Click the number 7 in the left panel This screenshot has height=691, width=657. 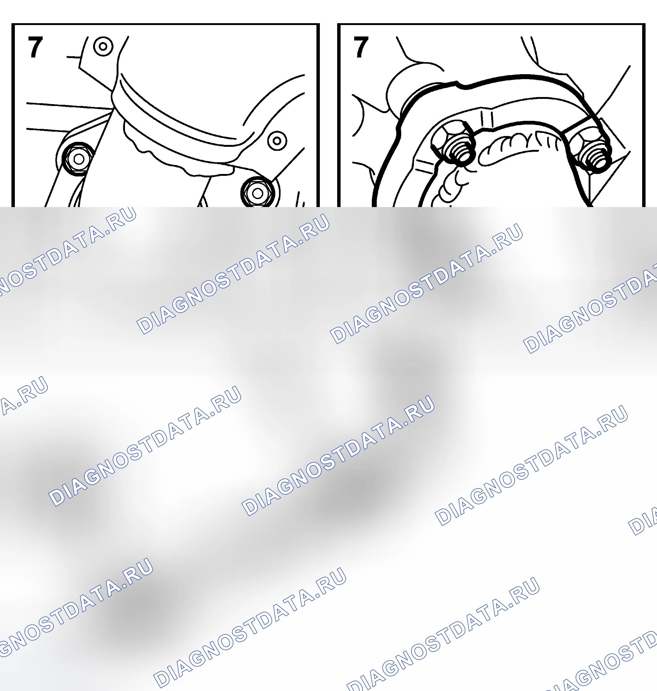pos(35,47)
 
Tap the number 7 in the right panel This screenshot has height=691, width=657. pos(361,47)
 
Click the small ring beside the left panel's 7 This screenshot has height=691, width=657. pos(103,46)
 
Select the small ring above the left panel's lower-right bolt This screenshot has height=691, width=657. pos(277,141)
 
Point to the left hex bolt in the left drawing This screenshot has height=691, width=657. pos(79,159)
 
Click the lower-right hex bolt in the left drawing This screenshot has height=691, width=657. pos(258,193)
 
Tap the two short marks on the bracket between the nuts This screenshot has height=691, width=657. pos(487,119)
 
